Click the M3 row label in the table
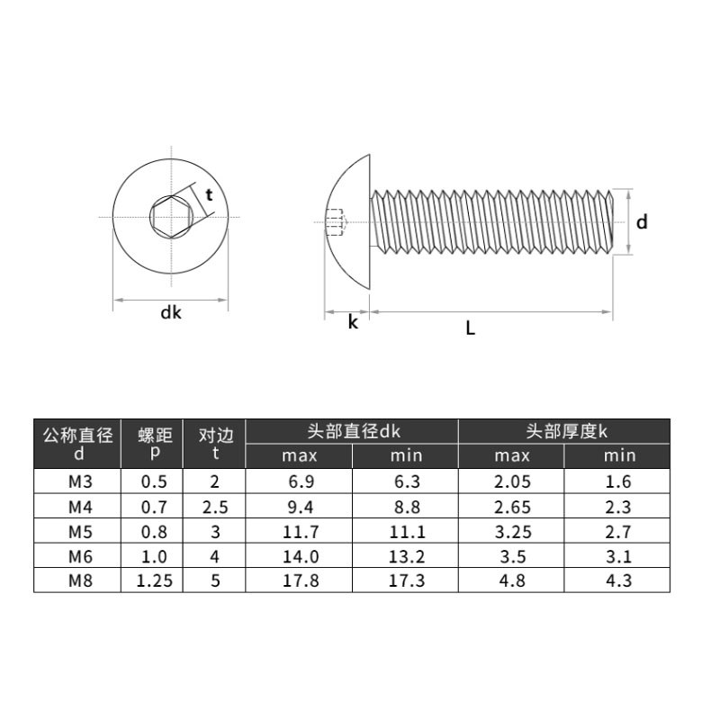pyautogui.click(x=80, y=481)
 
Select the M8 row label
pyautogui.click(x=80, y=580)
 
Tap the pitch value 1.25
pyautogui.click(x=154, y=580)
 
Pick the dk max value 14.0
pyautogui.click(x=301, y=556)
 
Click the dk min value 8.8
pyautogui.click(x=407, y=507)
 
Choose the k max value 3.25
pyautogui.click(x=513, y=532)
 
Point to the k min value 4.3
pyautogui.click(x=618, y=580)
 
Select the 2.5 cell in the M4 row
pyautogui.click(x=215, y=507)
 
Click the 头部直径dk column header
pyautogui.click(x=354, y=431)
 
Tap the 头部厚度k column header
pyautogui.click(x=566, y=431)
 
